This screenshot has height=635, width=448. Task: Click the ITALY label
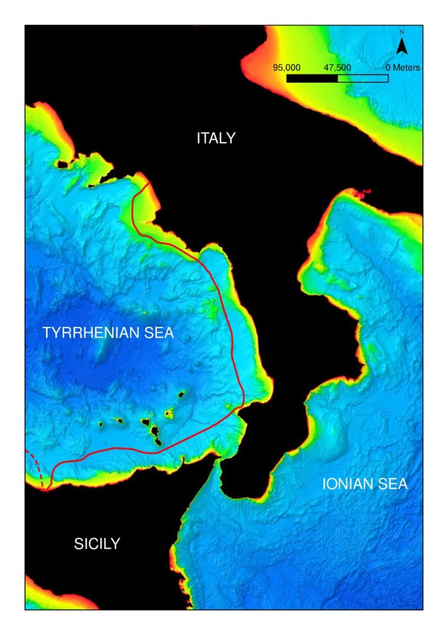click(x=216, y=138)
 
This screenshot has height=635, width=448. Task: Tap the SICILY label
click(x=97, y=544)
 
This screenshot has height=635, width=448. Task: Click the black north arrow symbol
click(x=402, y=45)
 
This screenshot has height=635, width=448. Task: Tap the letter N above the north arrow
click(x=402, y=32)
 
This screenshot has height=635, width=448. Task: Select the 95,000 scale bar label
click(x=287, y=68)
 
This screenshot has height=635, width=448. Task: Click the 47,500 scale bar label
click(x=337, y=68)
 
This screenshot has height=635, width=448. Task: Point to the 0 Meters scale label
click(x=402, y=68)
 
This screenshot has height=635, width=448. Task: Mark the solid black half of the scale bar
click(x=312, y=79)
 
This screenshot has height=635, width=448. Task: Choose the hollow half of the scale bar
click(x=362, y=79)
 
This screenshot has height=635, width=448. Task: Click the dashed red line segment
click(x=36, y=466)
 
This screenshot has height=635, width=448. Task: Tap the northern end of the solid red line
click(x=148, y=184)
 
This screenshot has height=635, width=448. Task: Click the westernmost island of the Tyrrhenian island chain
click(x=100, y=424)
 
